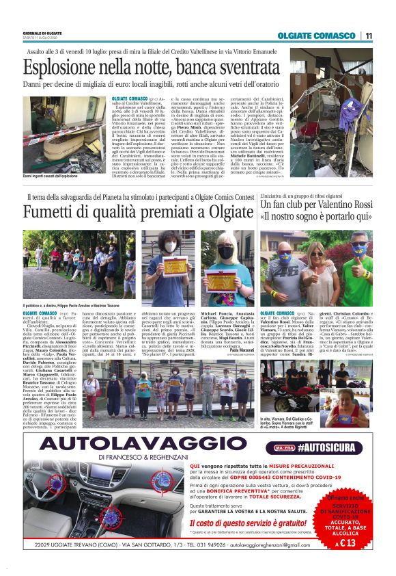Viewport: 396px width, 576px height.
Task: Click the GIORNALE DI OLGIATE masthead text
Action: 42,33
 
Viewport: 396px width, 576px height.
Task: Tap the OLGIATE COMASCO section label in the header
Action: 316,36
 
